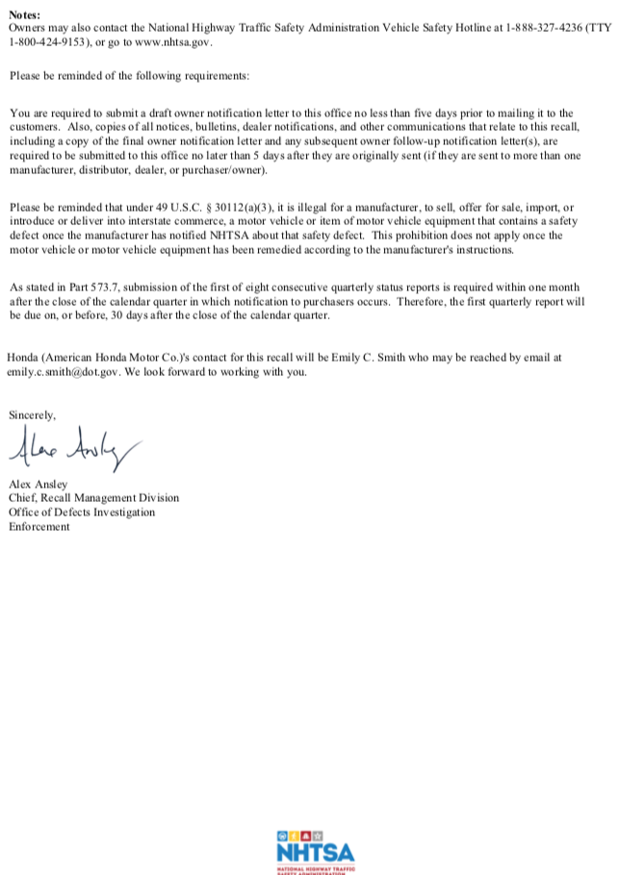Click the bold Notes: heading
point(24,15)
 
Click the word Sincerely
point(33,415)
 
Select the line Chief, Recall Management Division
point(93,498)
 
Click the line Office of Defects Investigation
point(82,512)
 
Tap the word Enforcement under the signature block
point(39,526)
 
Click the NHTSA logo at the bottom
point(315,850)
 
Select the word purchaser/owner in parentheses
point(226,169)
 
